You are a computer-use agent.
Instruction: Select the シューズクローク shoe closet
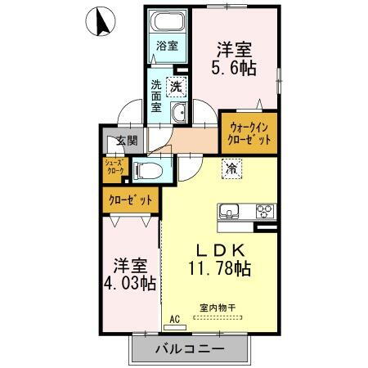click(113, 170)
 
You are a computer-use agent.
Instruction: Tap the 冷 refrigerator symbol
click(231, 169)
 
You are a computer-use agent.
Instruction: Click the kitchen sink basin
click(230, 211)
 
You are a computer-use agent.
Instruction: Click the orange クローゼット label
click(131, 199)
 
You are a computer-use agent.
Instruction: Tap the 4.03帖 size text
click(131, 283)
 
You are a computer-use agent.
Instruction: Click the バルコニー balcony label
click(188, 349)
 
